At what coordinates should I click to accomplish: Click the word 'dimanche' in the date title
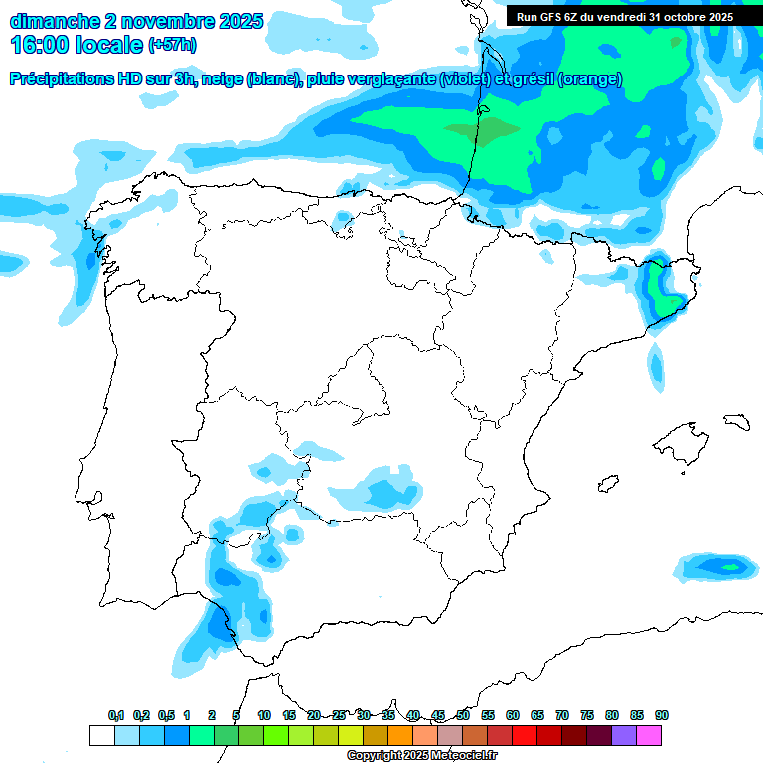[55, 20]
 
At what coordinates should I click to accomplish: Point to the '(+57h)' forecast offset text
[172, 45]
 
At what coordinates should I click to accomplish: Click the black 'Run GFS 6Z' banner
[625, 16]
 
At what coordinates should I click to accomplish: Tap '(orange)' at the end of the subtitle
[590, 79]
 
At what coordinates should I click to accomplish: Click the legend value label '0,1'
[116, 715]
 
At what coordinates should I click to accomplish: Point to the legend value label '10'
[264, 715]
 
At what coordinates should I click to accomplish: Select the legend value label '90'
[661, 715]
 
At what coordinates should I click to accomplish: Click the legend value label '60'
[513, 715]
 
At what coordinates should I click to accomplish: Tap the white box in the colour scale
[101, 735]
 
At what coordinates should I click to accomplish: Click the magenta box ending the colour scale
[649, 735]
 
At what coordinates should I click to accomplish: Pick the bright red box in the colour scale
[525, 735]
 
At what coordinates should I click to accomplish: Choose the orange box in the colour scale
[400, 735]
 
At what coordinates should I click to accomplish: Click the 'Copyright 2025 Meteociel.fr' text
[420, 756]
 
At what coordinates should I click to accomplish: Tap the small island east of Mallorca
[735, 421]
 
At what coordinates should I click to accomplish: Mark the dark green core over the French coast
[482, 129]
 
